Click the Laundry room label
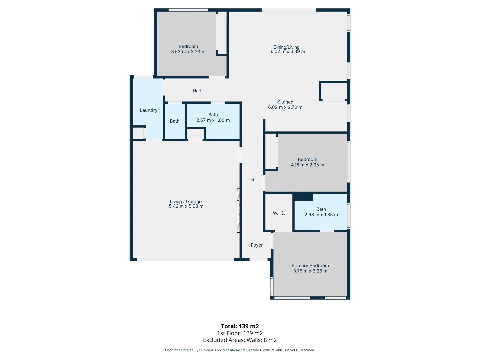(x=148, y=110)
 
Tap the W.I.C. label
(x=279, y=213)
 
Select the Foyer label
(x=257, y=245)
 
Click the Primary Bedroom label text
(x=310, y=265)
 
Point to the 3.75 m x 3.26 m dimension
(x=310, y=271)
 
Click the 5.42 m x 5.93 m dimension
(x=186, y=207)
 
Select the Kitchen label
(x=285, y=102)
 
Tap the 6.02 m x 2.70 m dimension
(x=285, y=107)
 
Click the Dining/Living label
(x=286, y=47)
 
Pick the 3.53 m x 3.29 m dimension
(x=188, y=52)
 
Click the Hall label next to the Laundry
(x=197, y=91)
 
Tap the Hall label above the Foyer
(x=252, y=179)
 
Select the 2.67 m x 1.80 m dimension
(x=213, y=120)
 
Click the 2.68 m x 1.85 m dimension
(x=321, y=215)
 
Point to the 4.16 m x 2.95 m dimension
(x=307, y=165)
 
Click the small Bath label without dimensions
(x=175, y=121)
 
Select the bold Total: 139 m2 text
(x=240, y=326)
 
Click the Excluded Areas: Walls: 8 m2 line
(x=240, y=340)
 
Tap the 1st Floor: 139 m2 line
(x=240, y=333)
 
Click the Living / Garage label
(x=186, y=201)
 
